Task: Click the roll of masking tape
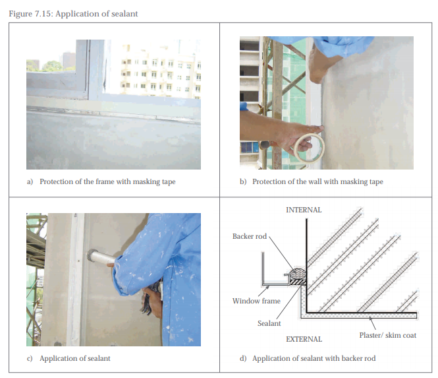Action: pos(309,148)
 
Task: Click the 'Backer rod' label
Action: pos(250,236)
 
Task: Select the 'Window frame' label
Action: pos(256,301)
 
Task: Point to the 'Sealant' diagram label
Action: pos(269,323)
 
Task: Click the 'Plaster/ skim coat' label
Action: pos(388,335)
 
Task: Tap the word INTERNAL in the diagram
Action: pos(304,210)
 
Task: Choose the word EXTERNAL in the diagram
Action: pos(304,339)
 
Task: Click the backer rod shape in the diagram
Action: pos(298,273)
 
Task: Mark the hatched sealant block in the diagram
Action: pos(298,282)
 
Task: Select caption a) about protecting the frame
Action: pos(101,181)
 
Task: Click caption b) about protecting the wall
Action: pos(312,181)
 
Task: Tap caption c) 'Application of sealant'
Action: pos(68,358)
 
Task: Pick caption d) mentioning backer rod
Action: pos(308,358)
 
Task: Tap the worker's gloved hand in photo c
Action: pos(151,301)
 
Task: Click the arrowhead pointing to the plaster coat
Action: pos(370,319)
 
